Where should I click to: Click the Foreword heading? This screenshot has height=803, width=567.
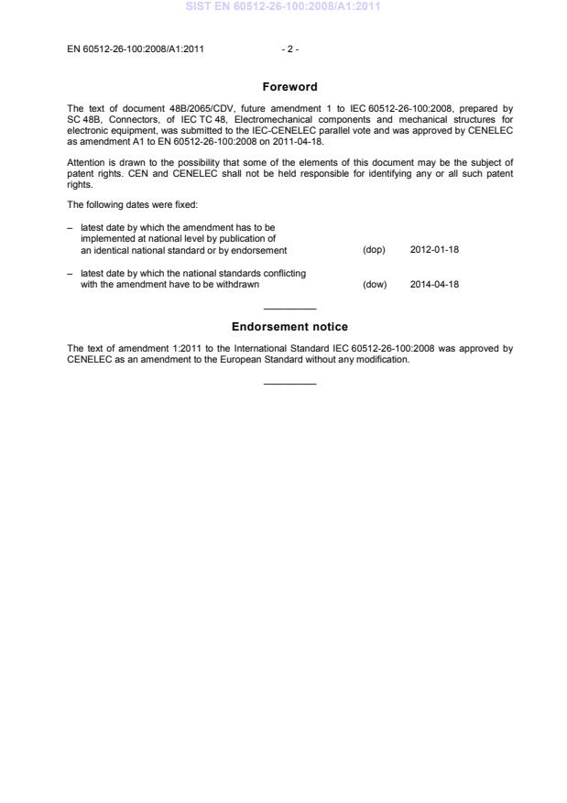(289, 87)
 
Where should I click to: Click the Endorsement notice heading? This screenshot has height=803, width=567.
(289, 327)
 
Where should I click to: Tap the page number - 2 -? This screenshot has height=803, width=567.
(289, 49)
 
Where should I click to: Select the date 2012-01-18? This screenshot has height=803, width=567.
(434, 250)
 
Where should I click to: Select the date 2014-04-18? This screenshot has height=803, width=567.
(434, 284)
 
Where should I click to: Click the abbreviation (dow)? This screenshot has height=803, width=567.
(375, 284)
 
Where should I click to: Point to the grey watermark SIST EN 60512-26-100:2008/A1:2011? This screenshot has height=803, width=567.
(283, 7)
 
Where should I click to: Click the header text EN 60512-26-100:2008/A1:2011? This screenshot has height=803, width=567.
(136, 49)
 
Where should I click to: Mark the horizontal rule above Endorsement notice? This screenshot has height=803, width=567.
(289, 309)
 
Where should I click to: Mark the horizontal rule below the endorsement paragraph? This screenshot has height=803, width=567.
(289, 383)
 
